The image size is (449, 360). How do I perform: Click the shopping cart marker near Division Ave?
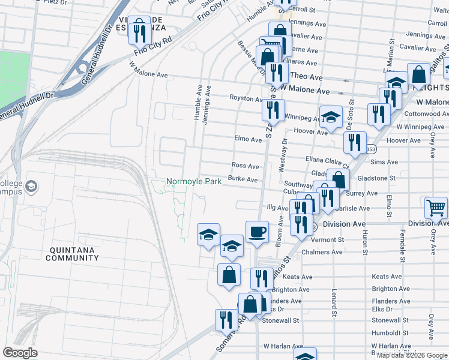tap(436, 208)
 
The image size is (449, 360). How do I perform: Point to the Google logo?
tap(20, 352)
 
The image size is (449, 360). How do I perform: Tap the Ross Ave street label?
tap(245, 166)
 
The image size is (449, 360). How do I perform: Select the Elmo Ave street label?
tap(248, 139)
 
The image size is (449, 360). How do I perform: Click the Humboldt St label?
tap(390, 332)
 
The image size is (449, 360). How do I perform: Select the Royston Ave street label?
tap(246, 98)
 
